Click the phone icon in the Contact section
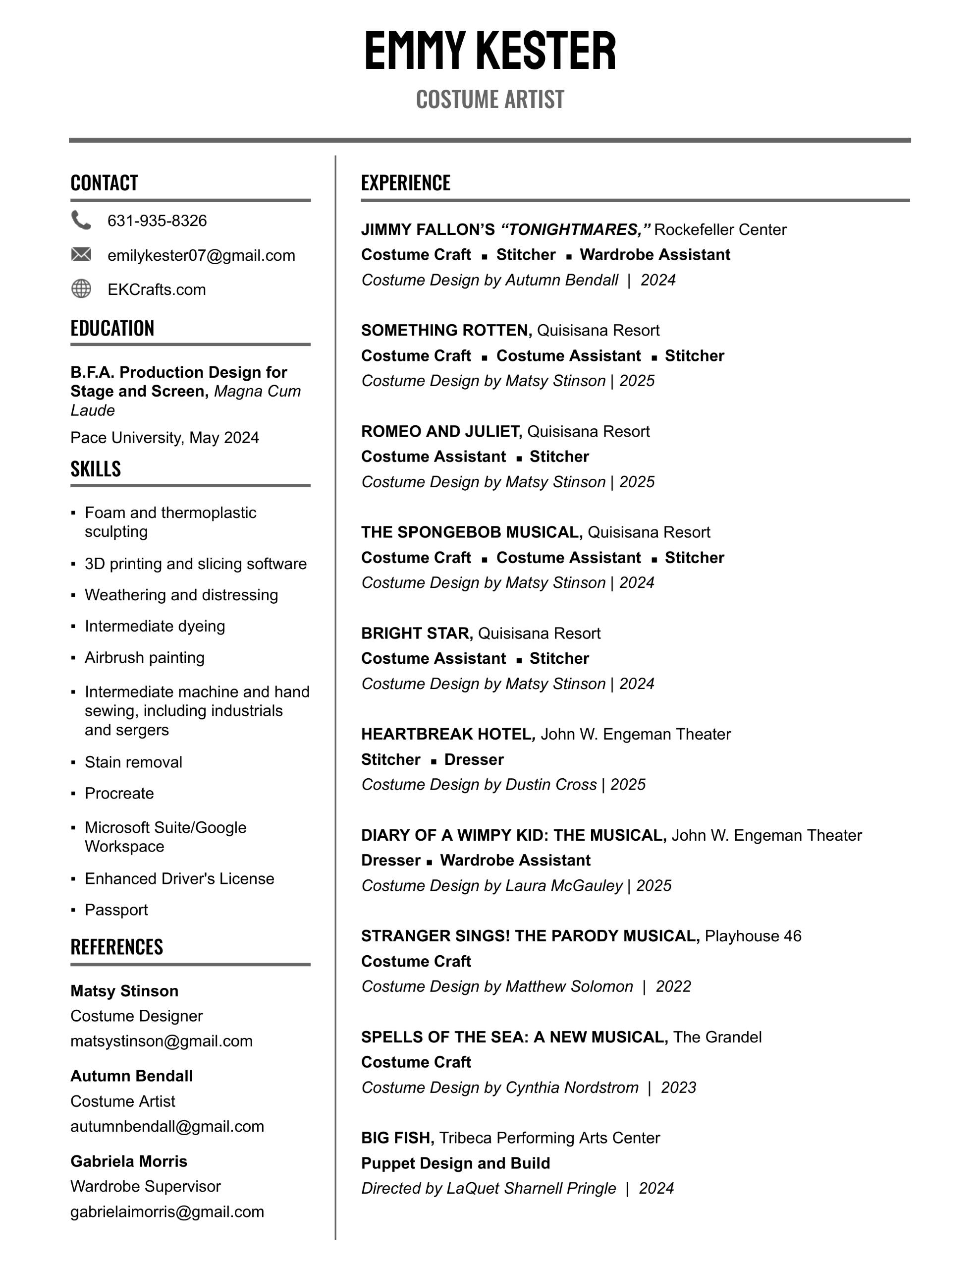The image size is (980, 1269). coord(81,220)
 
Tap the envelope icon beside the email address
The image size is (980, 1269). coord(81,254)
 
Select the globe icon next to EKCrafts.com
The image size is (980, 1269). coord(81,289)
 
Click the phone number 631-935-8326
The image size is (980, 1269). coord(157,221)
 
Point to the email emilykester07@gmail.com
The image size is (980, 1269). coord(201,256)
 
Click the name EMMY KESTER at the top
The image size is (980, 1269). coord(490,51)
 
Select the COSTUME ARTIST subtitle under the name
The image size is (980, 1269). coord(490,99)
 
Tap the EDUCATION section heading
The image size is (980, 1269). coord(112,328)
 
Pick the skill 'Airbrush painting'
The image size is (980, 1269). coord(144,658)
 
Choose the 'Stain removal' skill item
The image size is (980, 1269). coord(133,762)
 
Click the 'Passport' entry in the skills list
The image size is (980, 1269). coord(116,910)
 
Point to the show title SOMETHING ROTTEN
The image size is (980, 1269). coord(446,331)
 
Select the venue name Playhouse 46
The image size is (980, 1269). coord(753,936)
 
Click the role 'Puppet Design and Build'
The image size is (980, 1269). coord(455,1163)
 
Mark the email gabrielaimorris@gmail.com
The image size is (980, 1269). coord(167,1212)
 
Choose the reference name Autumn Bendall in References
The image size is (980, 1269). coord(131,1076)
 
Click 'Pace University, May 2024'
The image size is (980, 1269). coord(164,438)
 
